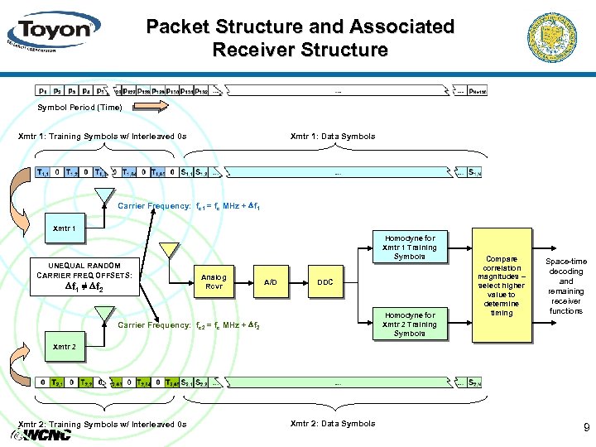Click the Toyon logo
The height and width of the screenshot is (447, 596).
tap(52, 31)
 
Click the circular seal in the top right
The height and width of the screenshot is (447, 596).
tap(556, 36)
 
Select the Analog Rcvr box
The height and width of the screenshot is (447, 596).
tap(214, 282)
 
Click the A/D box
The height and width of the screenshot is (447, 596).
tap(271, 282)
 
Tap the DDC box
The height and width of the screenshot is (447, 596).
tap(325, 282)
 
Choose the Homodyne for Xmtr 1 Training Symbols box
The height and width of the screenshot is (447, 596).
tap(409, 246)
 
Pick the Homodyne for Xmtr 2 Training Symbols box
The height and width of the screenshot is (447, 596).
tap(409, 324)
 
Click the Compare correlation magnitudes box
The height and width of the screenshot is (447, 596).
tap(501, 286)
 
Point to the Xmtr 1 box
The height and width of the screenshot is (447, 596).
tap(65, 228)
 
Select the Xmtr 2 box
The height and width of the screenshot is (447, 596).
tap(65, 346)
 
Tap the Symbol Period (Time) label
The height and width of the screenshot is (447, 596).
tap(79, 108)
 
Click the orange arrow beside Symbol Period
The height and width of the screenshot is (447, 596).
tap(149, 107)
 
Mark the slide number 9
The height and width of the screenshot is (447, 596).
tap(586, 428)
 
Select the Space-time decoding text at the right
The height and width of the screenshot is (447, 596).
tap(566, 286)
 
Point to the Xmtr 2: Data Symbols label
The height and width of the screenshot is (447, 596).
tap(333, 424)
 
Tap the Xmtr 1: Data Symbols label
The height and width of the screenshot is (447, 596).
tap(333, 136)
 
